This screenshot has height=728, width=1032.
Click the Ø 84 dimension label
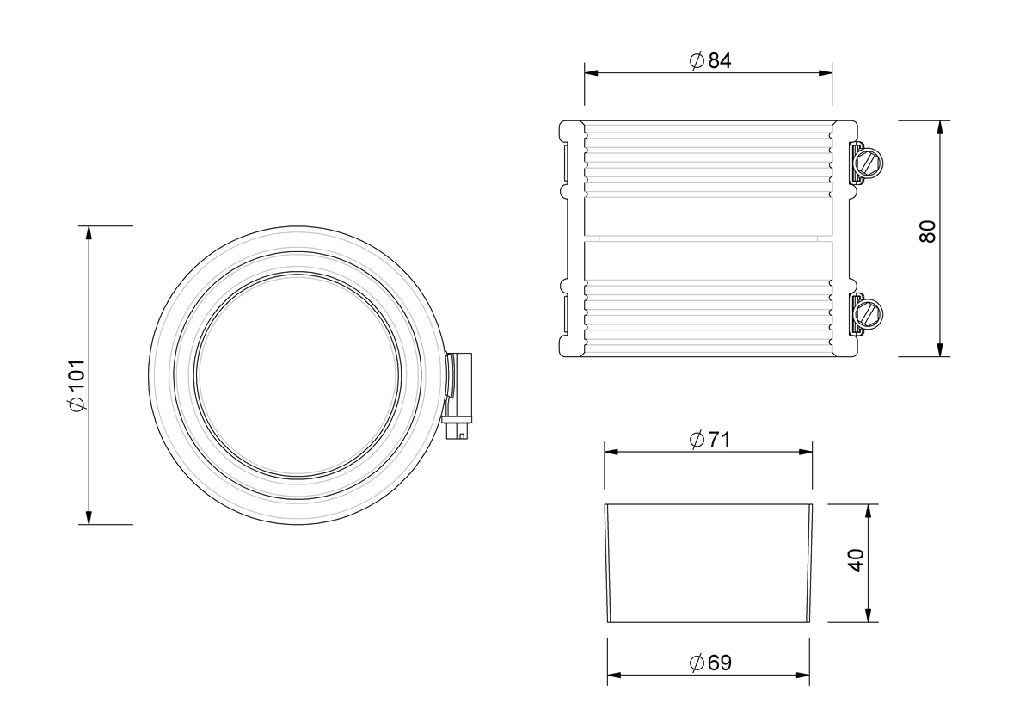click(x=710, y=60)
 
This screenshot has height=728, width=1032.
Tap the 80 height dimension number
click(x=927, y=231)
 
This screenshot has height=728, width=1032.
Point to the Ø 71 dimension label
click(x=709, y=440)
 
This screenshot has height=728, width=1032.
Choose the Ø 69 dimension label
click(x=710, y=663)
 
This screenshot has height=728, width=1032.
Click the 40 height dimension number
click(x=856, y=561)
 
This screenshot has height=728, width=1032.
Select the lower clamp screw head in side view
click(x=868, y=314)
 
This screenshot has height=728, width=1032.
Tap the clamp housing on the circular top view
click(x=458, y=387)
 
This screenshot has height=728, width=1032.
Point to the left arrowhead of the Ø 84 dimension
click(x=591, y=73)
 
